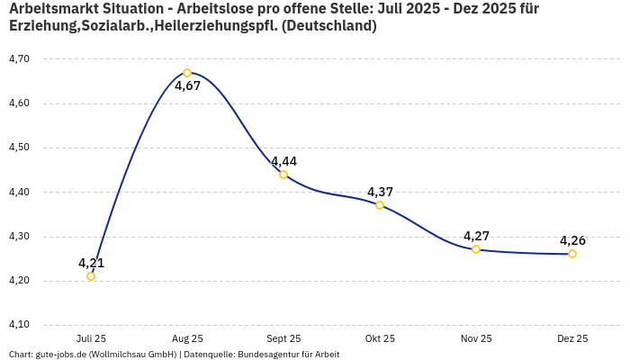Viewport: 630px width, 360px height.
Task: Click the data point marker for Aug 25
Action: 187,73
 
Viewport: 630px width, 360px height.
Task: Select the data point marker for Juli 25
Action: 91,276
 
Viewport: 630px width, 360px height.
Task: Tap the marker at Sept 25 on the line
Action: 283,175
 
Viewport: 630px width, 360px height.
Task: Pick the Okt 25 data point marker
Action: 380,205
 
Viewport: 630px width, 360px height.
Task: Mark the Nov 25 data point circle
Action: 476,249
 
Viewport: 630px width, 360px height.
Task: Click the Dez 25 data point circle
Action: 572,254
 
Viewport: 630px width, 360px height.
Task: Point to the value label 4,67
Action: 187,86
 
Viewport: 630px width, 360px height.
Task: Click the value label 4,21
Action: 91,263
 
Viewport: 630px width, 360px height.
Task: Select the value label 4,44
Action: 283,161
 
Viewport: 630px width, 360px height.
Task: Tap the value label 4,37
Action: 380,192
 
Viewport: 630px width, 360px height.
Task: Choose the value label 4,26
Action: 572,240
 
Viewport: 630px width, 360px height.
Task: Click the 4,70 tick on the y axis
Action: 19,58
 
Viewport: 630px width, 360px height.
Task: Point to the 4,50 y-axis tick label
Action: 19,148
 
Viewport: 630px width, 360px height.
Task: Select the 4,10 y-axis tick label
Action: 19,325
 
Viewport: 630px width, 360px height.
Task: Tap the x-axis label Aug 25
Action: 187,338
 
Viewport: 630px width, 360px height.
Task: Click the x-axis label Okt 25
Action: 380,338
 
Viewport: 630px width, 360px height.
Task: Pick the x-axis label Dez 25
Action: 572,338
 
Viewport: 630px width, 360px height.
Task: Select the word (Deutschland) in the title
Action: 329,26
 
